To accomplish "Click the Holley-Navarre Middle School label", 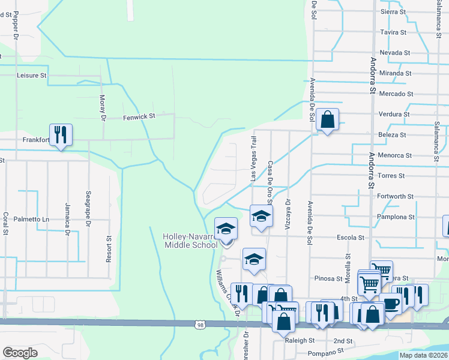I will (190, 241).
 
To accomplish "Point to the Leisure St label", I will (32, 76).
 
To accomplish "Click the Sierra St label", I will (394, 11).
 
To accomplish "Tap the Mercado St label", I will (396, 94).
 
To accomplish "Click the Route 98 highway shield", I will (199, 325).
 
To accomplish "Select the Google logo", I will (20, 353).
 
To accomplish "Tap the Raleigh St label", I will (300, 340).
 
